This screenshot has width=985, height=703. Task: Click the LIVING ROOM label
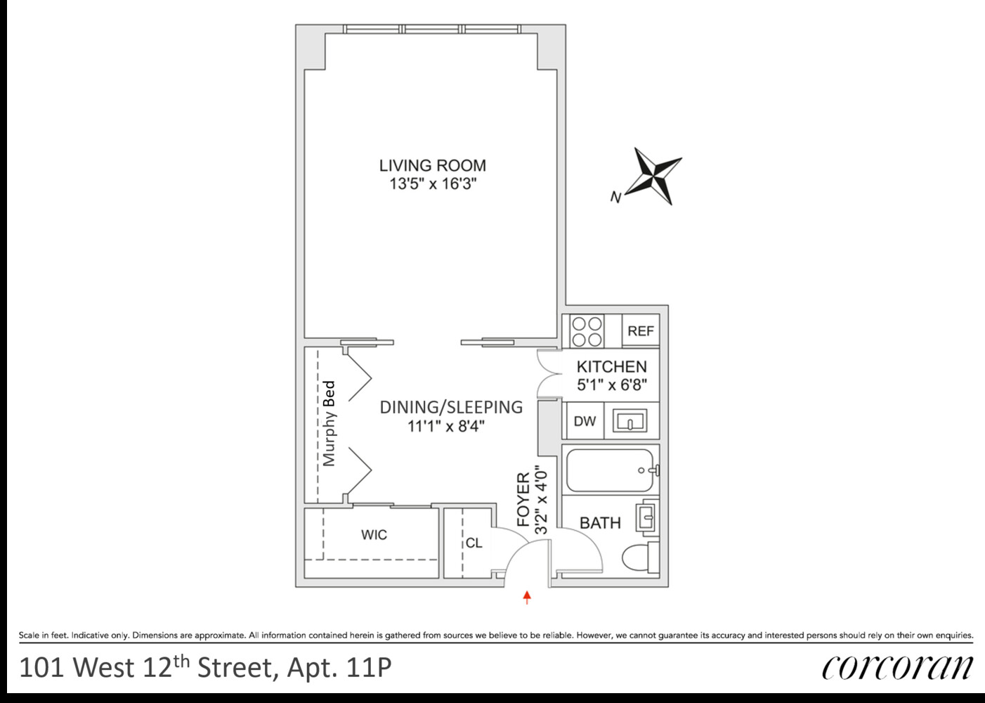point(432,166)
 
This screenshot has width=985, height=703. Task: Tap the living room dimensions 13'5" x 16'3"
point(432,184)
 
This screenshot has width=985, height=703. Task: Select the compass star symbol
point(653,175)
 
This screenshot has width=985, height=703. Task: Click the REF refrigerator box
point(640,331)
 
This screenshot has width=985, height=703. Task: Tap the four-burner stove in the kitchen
point(587,331)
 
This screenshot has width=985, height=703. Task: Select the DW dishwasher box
point(585,421)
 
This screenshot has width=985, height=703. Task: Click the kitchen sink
point(630,422)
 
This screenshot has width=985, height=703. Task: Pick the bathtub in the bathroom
point(608,470)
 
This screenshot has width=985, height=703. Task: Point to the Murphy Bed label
point(329,424)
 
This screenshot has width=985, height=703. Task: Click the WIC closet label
point(374,535)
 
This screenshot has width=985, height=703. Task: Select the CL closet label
point(474,543)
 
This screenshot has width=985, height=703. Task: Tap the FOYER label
point(523,500)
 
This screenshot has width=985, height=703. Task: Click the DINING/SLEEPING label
point(451,407)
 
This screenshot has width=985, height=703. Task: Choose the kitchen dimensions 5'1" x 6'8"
point(611,385)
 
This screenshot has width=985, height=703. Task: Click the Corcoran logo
point(897,666)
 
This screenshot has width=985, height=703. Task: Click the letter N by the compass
point(615,198)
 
